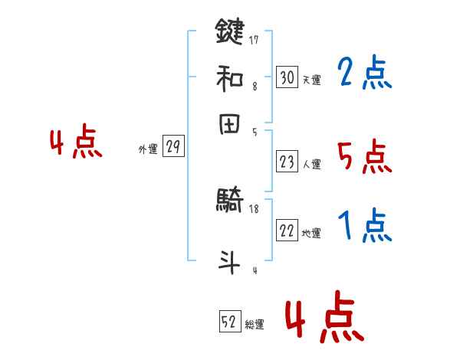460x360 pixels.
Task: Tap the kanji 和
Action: (x=230, y=77)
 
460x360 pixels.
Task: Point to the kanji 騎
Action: (x=230, y=201)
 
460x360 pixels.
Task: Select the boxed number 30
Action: (x=287, y=77)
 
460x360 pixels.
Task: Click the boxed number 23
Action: (x=287, y=162)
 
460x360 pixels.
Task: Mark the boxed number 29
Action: (x=173, y=148)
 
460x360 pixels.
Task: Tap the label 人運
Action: (x=311, y=164)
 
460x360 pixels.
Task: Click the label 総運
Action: (x=255, y=325)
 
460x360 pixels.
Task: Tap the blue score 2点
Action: (x=364, y=74)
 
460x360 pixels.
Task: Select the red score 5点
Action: (x=364, y=157)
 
